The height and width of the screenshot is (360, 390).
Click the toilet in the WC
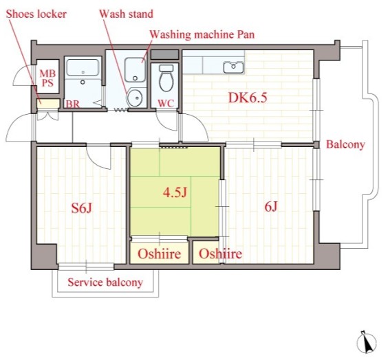point(166,78)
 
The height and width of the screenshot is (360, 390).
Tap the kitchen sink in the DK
point(233,67)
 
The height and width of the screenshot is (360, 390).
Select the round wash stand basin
point(135,98)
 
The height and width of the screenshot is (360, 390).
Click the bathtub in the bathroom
point(83,67)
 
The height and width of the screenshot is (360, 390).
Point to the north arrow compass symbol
point(367,342)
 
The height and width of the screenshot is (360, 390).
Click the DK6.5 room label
point(248,98)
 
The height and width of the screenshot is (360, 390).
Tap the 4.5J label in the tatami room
point(175,192)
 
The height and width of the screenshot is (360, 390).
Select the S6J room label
point(82,207)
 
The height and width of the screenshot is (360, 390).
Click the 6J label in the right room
point(271,207)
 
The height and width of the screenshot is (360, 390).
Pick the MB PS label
point(47,78)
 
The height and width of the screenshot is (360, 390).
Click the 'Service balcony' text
point(105,282)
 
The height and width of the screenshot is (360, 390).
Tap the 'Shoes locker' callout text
point(36,14)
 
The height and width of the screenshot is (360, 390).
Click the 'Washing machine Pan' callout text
point(202,34)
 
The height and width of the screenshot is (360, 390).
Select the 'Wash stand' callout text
point(126,14)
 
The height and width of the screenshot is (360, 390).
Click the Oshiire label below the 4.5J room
point(160,254)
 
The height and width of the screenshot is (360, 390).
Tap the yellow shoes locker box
point(48,103)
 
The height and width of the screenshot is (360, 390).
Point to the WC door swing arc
point(167,122)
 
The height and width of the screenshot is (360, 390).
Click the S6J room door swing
point(98,157)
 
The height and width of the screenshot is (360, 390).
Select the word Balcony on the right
point(345,144)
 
